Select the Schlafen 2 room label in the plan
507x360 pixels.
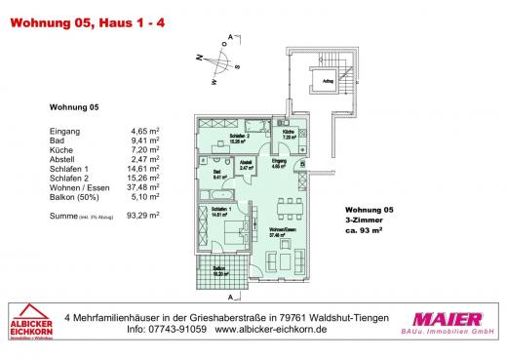tap(230, 138)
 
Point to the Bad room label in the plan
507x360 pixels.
tap(217, 177)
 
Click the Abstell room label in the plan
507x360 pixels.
tap(247, 164)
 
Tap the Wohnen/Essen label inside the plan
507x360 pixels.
tap(283, 231)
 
